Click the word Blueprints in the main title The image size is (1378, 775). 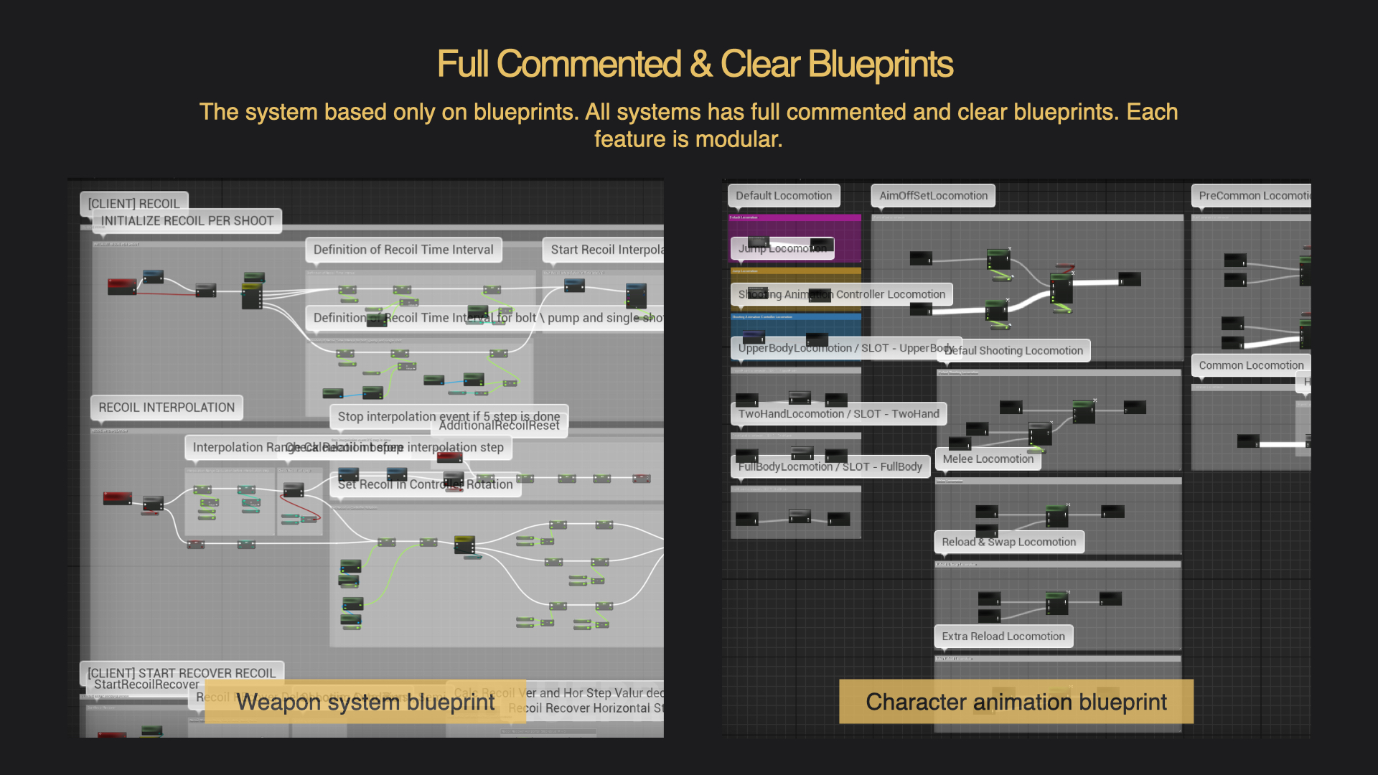(x=881, y=65)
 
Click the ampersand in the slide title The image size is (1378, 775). (x=700, y=65)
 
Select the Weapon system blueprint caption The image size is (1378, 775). (x=365, y=702)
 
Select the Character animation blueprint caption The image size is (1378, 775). (x=1016, y=702)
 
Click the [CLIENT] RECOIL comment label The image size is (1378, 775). (x=133, y=204)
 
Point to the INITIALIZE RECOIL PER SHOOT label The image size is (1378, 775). (x=187, y=221)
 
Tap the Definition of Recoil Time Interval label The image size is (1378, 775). (x=403, y=250)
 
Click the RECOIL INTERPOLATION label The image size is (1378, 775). (x=167, y=408)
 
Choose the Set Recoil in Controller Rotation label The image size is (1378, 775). (x=426, y=485)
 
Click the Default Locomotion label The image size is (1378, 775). (x=783, y=196)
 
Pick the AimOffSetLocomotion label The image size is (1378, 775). (x=933, y=196)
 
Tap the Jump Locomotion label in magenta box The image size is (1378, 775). (x=782, y=248)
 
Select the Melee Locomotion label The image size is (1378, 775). (x=988, y=459)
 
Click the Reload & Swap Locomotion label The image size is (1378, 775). (x=1008, y=542)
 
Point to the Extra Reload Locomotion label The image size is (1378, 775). (x=1003, y=637)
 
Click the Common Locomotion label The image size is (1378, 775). (x=1250, y=365)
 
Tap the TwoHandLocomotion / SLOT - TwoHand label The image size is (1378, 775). (x=838, y=414)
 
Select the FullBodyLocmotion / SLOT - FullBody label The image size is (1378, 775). (x=830, y=467)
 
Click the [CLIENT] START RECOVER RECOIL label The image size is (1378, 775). (x=181, y=672)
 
